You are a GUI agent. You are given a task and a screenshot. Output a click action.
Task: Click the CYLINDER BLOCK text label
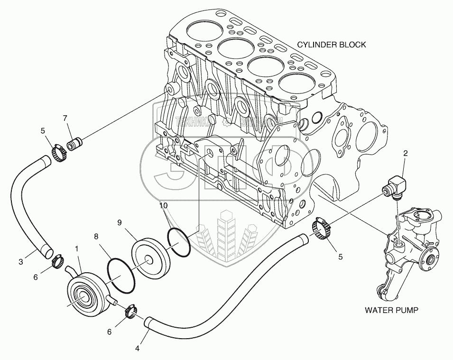(x=331, y=45)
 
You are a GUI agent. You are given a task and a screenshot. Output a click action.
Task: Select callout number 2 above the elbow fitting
(x=405, y=153)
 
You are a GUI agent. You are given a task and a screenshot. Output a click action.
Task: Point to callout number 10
(x=163, y=206)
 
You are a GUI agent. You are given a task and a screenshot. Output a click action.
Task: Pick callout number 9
(x=120, y=222)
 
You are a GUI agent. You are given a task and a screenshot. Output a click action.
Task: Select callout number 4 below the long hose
(x=137, y=349)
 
